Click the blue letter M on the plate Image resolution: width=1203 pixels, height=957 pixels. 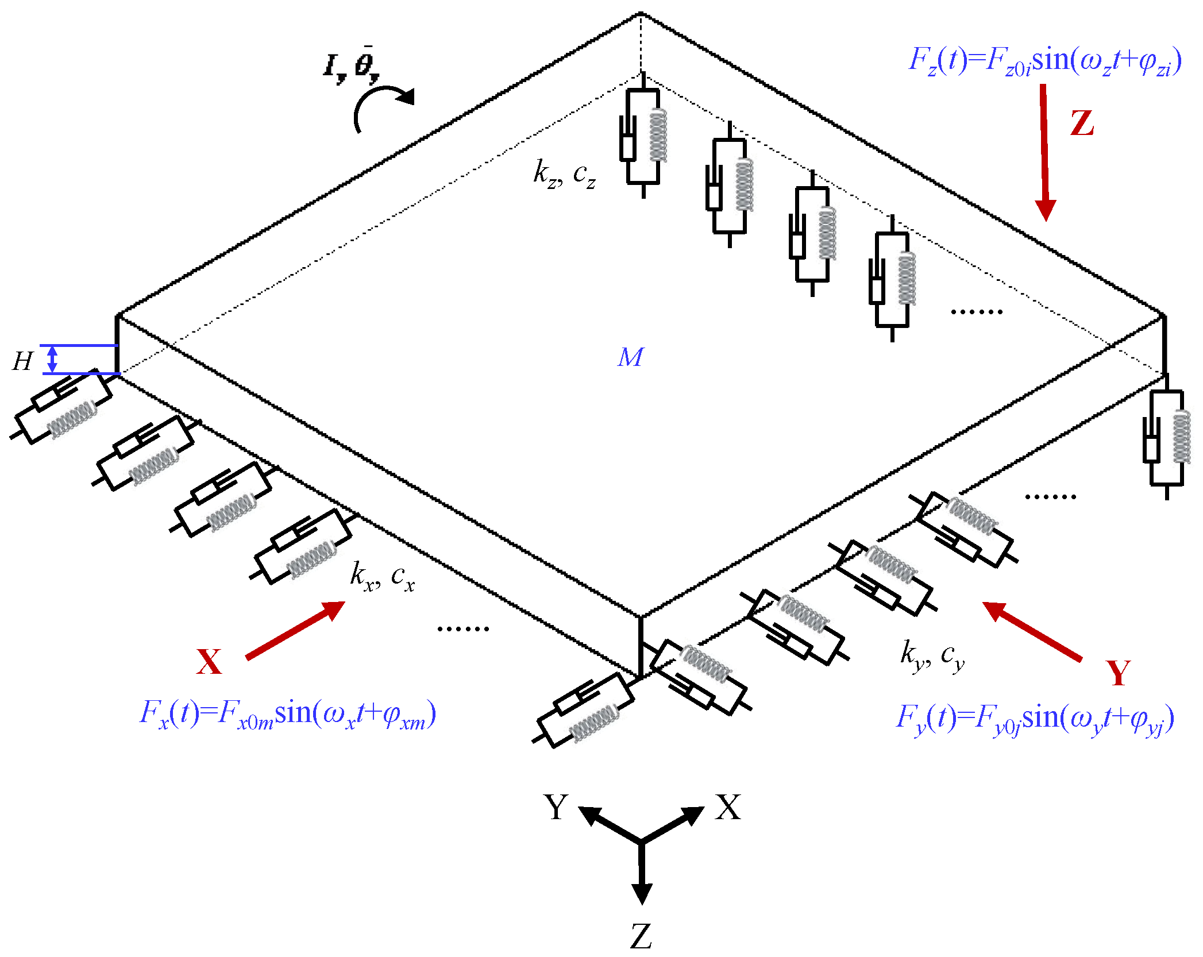tap(630, 357)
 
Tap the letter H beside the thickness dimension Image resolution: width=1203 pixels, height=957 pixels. tap(23, 361)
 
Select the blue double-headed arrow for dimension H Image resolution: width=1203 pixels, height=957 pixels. tap(52, 359)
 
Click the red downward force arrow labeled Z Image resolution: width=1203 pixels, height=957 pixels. tap(1044, 152)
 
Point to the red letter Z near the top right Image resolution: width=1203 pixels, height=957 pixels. tap(1082, 123)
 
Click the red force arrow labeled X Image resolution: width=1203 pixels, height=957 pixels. tap(296, 630)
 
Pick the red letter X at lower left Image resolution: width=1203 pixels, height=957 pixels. tap(209, 662)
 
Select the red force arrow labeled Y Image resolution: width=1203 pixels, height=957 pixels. tap(1032, 631)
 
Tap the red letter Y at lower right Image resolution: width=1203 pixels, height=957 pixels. tap(1118, 673)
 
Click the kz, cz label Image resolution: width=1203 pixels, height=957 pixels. tap(564, 173)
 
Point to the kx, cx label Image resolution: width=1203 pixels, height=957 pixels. tap(382, 576)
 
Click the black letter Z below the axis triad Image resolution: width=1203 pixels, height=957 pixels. tap(641, 936)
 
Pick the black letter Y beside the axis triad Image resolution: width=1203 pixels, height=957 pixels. tap(556, 806)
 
